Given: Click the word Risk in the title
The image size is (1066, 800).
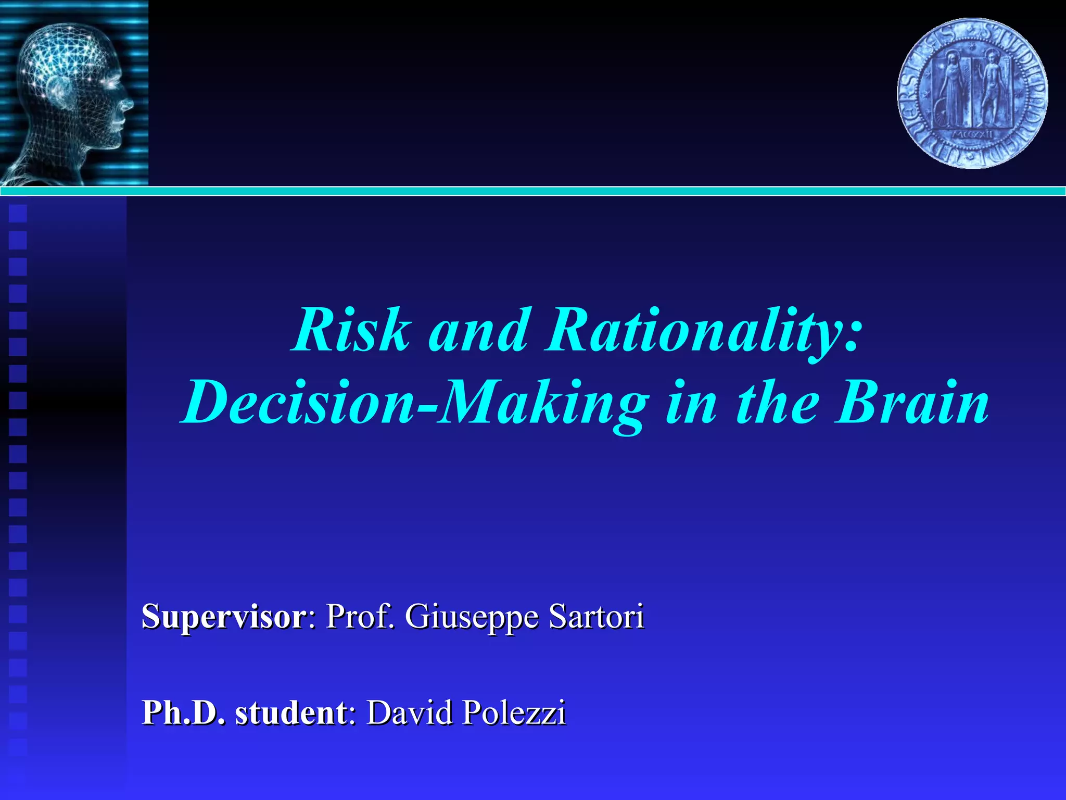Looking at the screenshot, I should point(352,331).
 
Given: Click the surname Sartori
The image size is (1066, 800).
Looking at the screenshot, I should point(597,617).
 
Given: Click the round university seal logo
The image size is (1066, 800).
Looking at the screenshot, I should point(972,94).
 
